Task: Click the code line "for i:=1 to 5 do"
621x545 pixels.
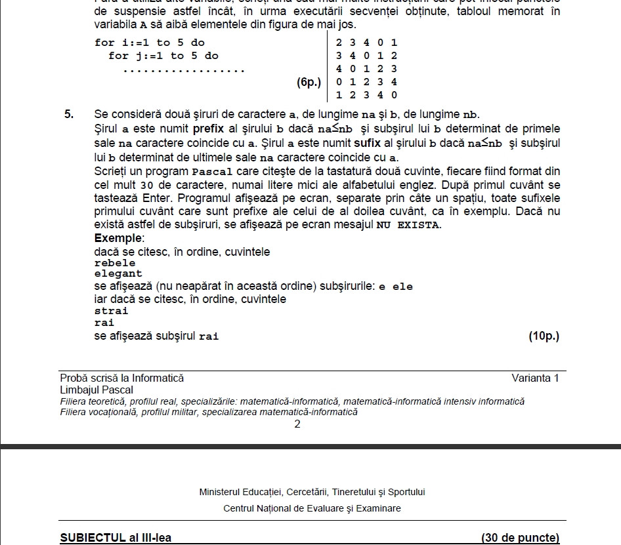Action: pos(150,43)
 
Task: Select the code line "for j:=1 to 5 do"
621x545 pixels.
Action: pos(163,56)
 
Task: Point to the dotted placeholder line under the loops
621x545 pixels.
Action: pos(184,70)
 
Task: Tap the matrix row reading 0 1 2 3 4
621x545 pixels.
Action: pos(366,82)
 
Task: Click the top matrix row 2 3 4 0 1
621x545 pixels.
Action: pos(366,43)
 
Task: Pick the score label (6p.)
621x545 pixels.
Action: pos(309,82)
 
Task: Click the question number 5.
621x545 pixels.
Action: pos(69,114)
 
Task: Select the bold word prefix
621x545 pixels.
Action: pos(209,129)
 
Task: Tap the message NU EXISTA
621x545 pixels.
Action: pos(408,225)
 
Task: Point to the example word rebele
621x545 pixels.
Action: pos(115,263)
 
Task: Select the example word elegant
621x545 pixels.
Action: pos(118,273)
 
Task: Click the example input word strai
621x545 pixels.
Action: pos(112,311)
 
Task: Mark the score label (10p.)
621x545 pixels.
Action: pos(544,336)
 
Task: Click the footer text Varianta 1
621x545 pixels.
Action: pos(535,378)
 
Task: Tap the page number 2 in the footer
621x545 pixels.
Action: pos(297,424)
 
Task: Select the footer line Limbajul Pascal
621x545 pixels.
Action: pos(96,390)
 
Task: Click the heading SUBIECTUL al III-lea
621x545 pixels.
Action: pos(116,538)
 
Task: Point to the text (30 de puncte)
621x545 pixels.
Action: pos(520,538)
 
